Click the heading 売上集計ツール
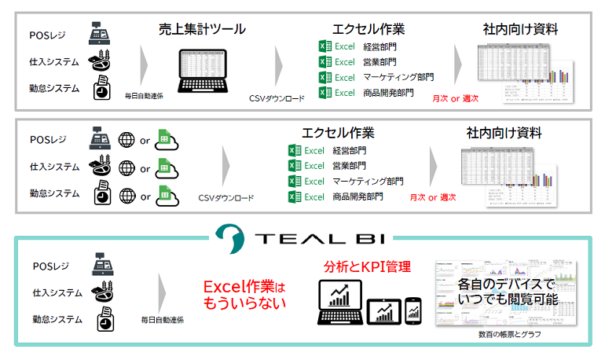(x=202, y=29)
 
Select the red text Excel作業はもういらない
(x=244, y=293)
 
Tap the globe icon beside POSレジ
(x=126, y=140)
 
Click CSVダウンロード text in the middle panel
(x=225, y=198)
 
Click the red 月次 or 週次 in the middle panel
(x=433, y=197)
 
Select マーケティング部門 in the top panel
(x=398, y=78)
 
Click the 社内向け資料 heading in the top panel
(x=520, y=29)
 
